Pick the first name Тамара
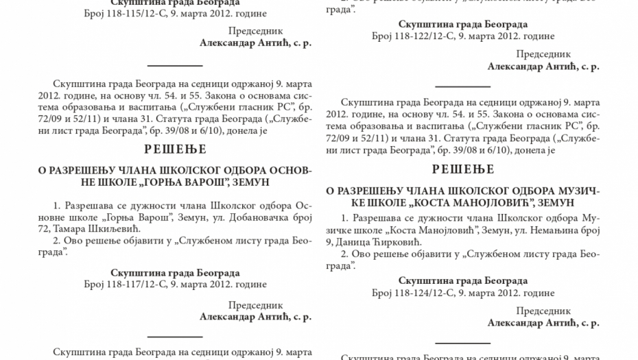point(76,228)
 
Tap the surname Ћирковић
point(393,241)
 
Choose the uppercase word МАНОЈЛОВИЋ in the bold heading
point(500,203)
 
